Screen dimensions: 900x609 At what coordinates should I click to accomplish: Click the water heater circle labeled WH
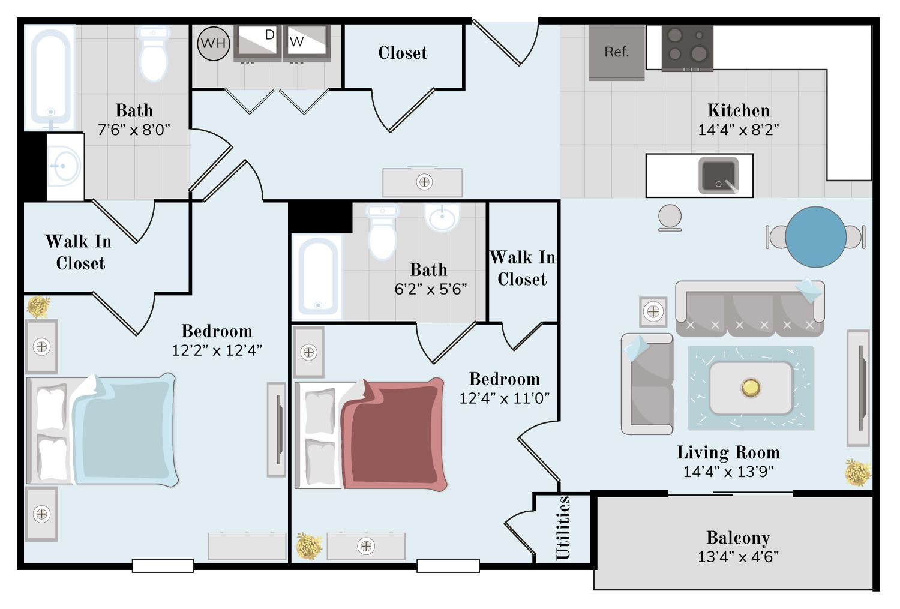[214, 43]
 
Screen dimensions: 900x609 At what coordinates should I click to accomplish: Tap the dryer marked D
[257, 43]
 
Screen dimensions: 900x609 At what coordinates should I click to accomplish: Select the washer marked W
[307, 43]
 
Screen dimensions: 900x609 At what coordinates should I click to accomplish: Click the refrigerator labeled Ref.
[617, 52]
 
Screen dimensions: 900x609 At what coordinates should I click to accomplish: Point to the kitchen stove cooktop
[688, 47]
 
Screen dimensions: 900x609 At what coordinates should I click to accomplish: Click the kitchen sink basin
[718, 175]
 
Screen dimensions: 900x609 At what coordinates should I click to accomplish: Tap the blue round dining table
[815, 237]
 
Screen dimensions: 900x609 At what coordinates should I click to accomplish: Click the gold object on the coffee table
[751, 388]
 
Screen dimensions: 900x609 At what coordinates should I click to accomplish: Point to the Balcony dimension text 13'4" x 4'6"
[738, 557]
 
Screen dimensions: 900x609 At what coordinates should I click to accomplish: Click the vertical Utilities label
[563, 528]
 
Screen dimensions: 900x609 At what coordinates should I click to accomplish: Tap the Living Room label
[728, 452]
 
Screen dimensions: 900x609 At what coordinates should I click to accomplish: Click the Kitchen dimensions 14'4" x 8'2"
[739, 130]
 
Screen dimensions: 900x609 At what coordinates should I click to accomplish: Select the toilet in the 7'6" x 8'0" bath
[153, 53]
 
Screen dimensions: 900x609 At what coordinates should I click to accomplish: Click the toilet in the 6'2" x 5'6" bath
[383, 232]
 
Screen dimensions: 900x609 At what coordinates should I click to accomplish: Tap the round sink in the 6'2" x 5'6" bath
[442, 217]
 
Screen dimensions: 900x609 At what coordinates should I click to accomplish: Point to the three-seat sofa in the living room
[750, 308]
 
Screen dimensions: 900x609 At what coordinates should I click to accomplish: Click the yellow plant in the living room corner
[857, 473]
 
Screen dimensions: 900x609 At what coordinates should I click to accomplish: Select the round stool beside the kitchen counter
[670, 217]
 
